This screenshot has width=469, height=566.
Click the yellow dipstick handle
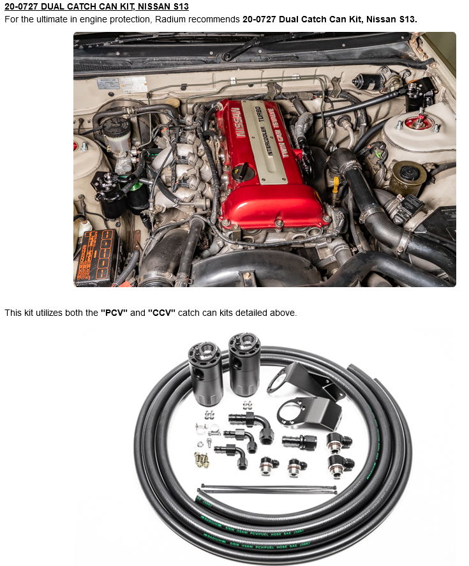[x=336, y=186]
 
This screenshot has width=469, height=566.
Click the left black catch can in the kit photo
[x=205, y=373]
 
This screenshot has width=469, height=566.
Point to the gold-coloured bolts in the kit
[x=201, y=459]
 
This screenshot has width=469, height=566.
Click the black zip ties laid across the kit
[x=268, y=489]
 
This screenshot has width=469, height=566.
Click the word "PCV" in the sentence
[x=114, y=313]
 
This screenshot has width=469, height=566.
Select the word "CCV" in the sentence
[x=161, y=313]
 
